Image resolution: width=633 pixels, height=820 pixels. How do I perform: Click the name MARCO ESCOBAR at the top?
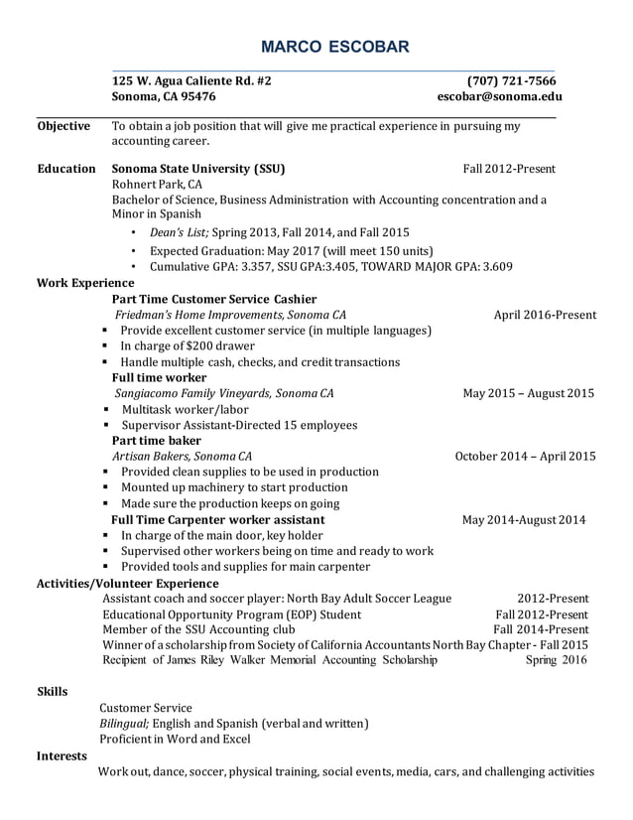click(x=319, y=48)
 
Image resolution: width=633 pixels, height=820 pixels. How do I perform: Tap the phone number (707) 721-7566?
click(x=511, y=81)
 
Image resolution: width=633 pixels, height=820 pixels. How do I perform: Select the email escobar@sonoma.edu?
click(x=499, y=97)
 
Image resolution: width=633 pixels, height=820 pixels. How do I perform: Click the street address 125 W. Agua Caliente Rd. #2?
click(x=190, y=81)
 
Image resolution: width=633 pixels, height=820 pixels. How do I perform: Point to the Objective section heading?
click(x=63, y=126)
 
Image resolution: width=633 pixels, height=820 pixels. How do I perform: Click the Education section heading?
click(x=66, y=169)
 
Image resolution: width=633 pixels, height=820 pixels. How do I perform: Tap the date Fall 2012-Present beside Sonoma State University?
click(x=509, y=169)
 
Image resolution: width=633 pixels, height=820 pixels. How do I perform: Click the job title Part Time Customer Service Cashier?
click(x=214, y=299)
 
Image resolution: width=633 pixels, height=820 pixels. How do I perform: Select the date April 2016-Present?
click(x=545, y=316)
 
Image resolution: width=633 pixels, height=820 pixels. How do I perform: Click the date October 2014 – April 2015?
click(x=525, y=457)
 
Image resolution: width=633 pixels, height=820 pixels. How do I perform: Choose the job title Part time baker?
click(x=157, y=441)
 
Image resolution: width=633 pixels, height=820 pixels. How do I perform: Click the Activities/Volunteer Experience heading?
click(x=127, y=583)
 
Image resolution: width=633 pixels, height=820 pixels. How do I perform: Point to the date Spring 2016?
click(x=556, y=659)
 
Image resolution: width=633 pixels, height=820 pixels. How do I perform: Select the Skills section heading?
click(x=53, y=690)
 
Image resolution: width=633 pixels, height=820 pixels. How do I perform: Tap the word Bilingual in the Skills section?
click(x=123, y=723)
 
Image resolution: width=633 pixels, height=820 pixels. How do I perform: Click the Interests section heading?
click(x=62, y=755)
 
